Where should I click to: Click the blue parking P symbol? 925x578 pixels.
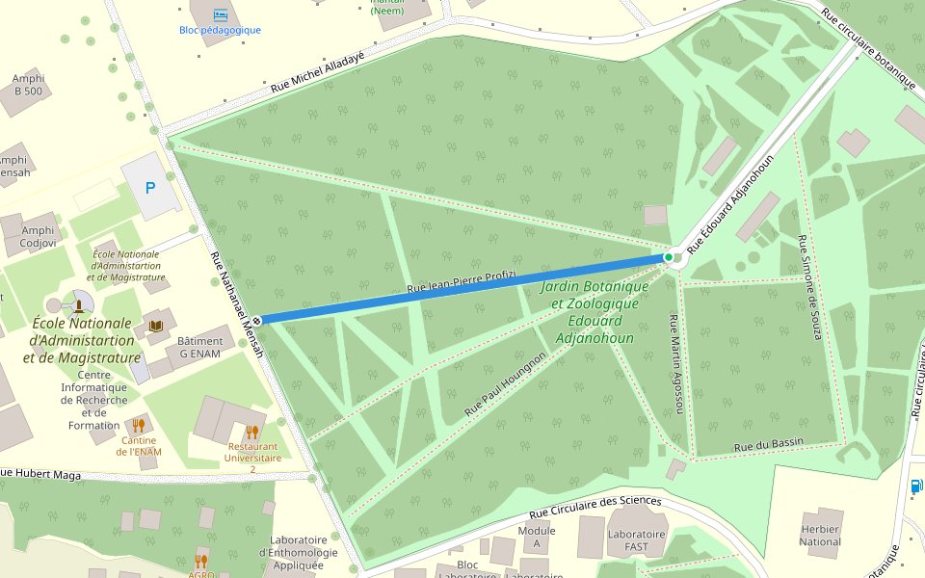click(149, 188)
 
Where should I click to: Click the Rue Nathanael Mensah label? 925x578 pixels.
click(237, 304)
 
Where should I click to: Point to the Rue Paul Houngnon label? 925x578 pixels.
click(505, 383)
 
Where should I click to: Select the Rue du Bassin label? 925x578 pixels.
click(768, 445)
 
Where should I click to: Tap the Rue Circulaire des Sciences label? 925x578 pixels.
click(595, 507)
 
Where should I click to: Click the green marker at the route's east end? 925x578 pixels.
click(669, 257)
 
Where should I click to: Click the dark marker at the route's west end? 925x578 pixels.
click(257, 320)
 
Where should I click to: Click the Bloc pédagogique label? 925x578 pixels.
click(220, 30)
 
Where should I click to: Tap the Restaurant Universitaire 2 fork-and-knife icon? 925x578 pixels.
click(251, 432)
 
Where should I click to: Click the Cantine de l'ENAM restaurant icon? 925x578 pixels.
click(138, 425)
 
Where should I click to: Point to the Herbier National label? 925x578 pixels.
click(820, 535)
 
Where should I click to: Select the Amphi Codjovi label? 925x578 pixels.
click(38, 236)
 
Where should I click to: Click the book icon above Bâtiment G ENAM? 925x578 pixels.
click(155, 326)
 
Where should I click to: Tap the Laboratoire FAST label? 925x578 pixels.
click(636, 540)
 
